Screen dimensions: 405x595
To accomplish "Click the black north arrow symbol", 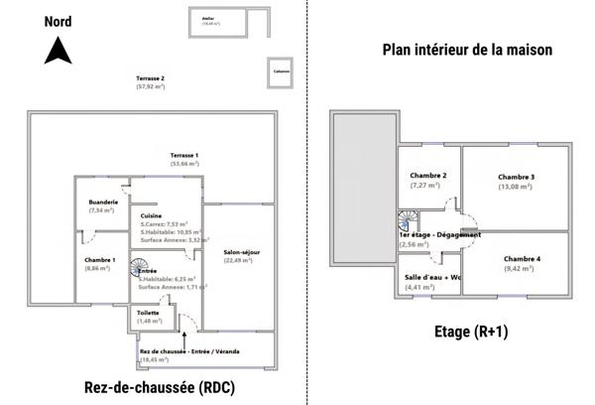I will pos(58,50).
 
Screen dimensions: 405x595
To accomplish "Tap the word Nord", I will pos(58,18).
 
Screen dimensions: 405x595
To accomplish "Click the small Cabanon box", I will pos(282,71).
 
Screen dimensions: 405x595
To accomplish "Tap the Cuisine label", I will pos(151,215).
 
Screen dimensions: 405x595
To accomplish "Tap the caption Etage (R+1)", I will pos(471,334).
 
